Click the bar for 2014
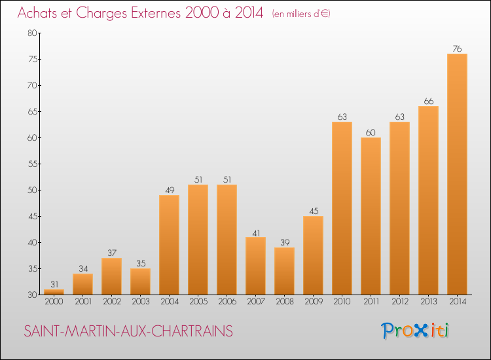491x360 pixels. pos(457,174)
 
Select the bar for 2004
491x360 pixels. pos(169,245)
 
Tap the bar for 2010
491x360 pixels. pos(342,208)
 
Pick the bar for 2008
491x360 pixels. pos(284,271)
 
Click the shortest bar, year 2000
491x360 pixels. pos(54,292)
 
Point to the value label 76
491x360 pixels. pos(457,48)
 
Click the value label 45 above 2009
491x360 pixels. pos(313,210)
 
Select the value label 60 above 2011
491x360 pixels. pos(371,132)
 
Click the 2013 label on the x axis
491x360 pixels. pos(428,302)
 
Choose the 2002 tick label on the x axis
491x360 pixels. pos(111,302)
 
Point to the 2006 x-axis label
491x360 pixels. pos(227,302)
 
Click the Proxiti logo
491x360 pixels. pos(415,331)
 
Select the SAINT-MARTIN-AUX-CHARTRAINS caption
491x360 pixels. pos(128,331)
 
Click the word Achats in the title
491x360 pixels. pos(40,13)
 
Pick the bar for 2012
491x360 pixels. pos(399,208)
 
